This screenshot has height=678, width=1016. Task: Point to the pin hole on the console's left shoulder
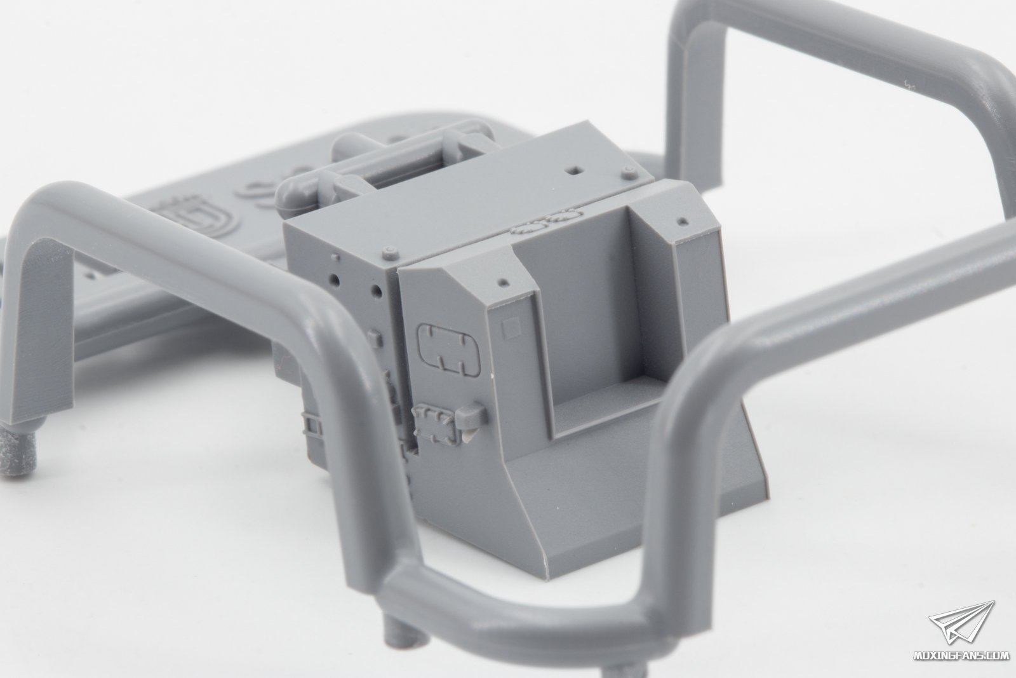pyautogui.click(x=502, y=281)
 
